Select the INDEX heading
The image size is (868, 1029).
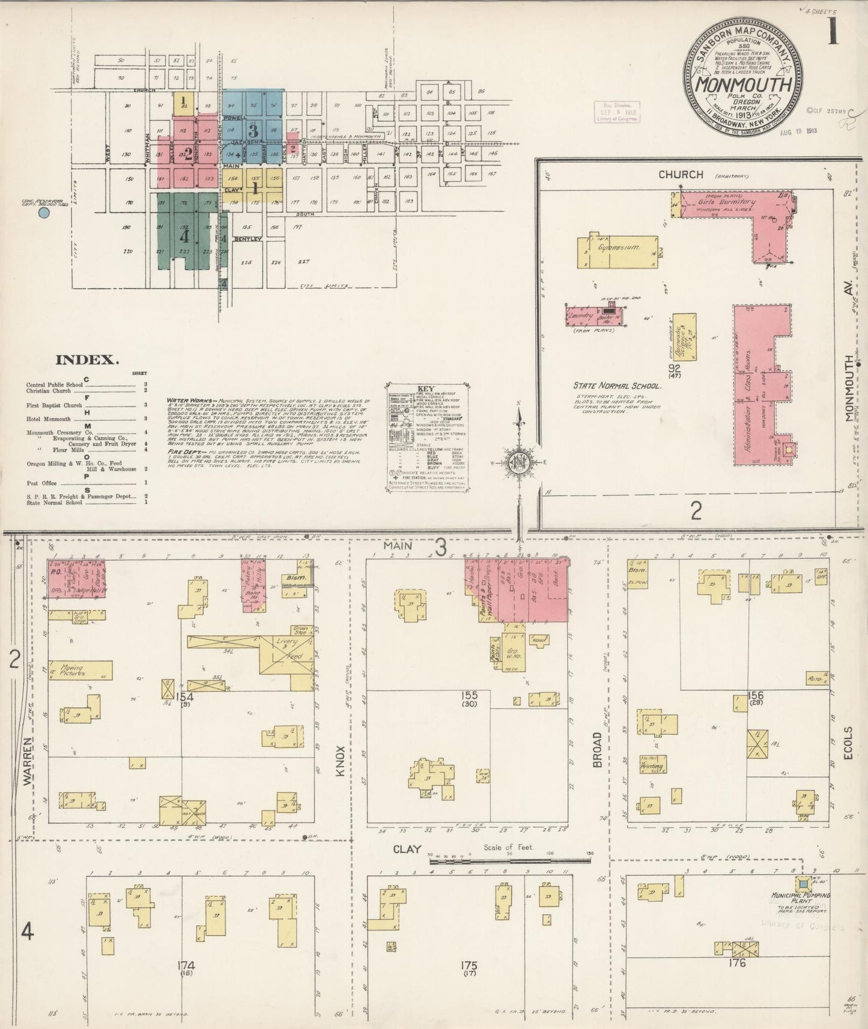86,360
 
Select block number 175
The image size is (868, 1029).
469,965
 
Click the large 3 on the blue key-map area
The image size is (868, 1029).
253,130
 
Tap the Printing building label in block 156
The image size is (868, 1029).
652,767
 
